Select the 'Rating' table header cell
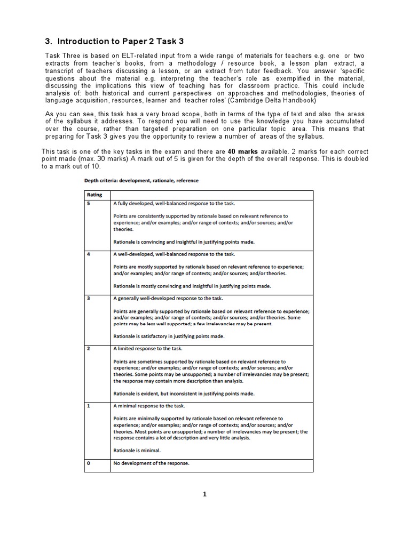coord(94,195)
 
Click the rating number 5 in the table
coord(88,204)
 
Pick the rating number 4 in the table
coord(88,254)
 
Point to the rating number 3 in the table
coord(88,299)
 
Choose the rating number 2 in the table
coord(88,348)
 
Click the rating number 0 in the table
coord(88,463)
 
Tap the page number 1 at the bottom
coord(204,494)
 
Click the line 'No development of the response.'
coord(151,463)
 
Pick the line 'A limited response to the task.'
coord(147,348)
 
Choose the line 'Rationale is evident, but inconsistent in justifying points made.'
coord(184,394)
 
